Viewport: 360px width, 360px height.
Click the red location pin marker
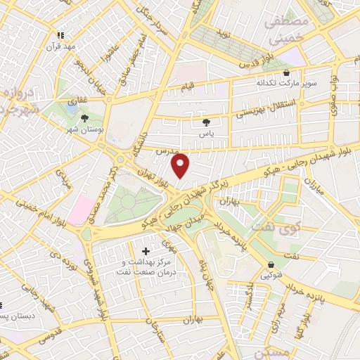(x=181, y=165)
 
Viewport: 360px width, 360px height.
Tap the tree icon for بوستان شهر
(x=85, y=118)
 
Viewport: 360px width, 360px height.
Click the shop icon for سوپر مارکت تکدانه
(x=285, y=72)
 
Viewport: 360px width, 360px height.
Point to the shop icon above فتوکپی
(x=271, y=265)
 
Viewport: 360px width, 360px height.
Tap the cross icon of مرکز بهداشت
(x=146, y=251)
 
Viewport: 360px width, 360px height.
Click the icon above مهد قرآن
(x=61, y=34)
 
